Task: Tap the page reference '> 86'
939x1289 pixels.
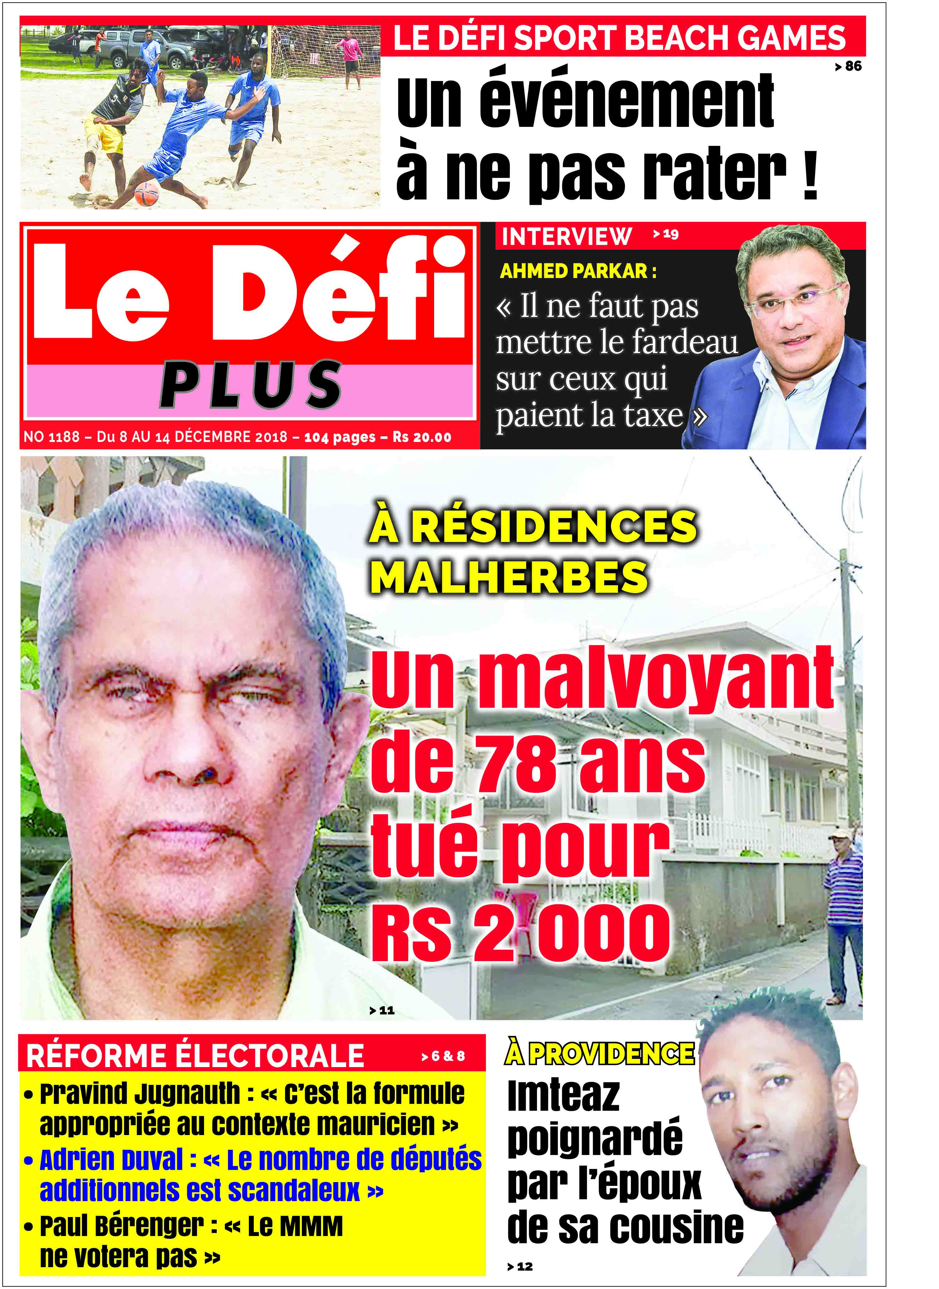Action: click(848, 66)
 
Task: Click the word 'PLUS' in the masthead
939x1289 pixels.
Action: click(251, 385)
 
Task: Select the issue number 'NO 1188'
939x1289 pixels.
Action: click(51, 437)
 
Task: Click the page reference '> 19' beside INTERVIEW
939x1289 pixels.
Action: click(666, 234)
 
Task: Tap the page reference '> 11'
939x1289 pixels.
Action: click(382, 1010)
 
